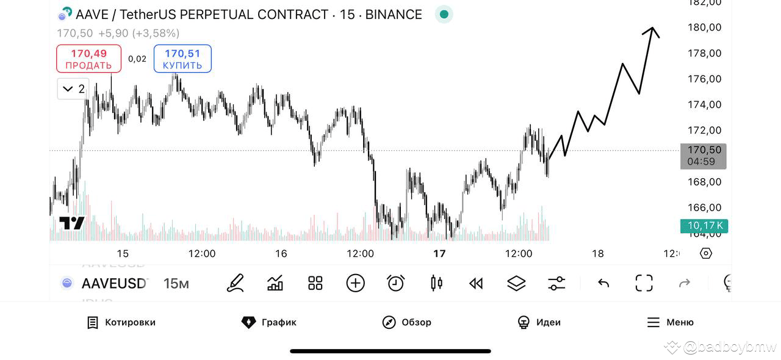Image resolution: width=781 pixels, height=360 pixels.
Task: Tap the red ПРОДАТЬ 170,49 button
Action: click(88, 59)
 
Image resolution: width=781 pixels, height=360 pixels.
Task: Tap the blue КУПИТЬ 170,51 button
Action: click(182, 59)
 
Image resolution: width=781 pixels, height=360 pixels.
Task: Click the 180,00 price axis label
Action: click(704, 27)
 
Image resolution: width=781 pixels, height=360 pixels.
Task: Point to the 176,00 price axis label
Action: click(704, 79)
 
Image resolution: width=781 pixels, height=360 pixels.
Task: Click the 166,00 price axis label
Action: click(704, 207)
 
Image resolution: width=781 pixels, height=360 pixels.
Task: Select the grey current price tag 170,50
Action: click(703, 156)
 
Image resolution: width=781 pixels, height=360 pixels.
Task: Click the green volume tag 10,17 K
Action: click(704, 226)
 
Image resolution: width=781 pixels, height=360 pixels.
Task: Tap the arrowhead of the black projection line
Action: click(652, 29)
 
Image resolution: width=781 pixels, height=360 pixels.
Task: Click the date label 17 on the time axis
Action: click(439, 253)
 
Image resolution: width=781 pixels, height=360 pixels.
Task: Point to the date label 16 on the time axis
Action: click(281, 253)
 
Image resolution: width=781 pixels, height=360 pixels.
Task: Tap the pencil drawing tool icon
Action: click(235, 283)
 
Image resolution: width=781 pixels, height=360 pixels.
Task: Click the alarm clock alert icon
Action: click(395, 283)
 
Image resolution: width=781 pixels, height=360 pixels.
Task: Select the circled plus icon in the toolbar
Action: click(355, 283)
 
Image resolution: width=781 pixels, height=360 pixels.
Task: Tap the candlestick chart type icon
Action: click(436, 283)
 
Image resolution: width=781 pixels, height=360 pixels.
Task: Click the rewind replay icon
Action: click(476, 283)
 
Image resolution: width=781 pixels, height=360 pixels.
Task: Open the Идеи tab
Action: click(539, 322)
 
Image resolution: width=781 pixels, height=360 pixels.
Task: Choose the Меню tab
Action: click(670, 322)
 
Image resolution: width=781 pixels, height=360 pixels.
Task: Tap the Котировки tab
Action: click(121, 322)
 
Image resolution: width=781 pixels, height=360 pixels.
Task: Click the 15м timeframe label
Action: click(176, 283)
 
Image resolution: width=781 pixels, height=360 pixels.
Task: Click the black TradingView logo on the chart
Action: click(72, 223)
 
